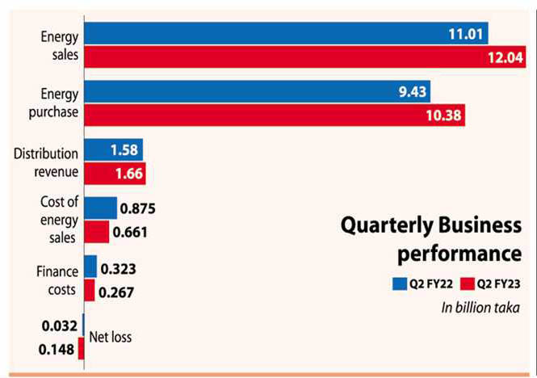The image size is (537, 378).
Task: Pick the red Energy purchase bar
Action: point(275,115)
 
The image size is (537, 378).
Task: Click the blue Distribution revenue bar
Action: point(113,149)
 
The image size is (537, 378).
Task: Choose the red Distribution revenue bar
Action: point(115,173)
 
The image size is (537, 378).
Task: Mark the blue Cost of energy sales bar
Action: point(100,208)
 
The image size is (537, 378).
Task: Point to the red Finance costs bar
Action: point(89,291)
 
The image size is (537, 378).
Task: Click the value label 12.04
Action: point(504,57)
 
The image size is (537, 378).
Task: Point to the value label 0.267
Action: point(116,292)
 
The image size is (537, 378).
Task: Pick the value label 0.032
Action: point(59,325)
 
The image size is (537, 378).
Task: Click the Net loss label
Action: point(110,337)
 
